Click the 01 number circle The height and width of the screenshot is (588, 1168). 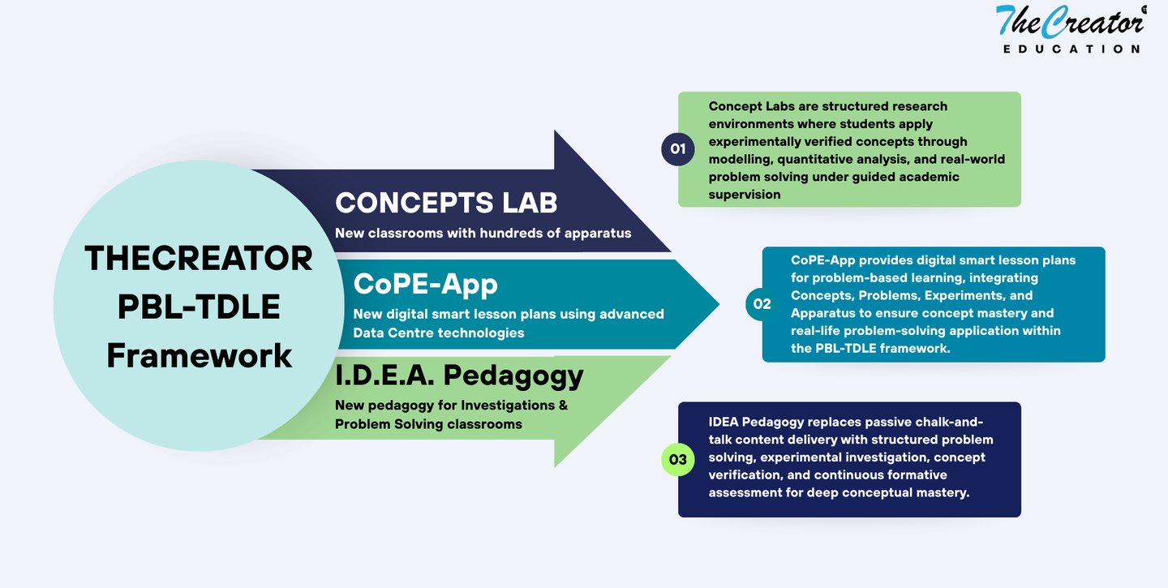(x=678, y=149)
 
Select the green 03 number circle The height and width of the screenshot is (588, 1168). (x=678, y=460)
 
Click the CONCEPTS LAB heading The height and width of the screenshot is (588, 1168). (x=446, y=203)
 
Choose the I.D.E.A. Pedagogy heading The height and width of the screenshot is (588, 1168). (x=459, y=375)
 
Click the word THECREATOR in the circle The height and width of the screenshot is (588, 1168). (x=199, y=259)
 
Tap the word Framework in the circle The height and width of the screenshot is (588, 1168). (x=199, y=355)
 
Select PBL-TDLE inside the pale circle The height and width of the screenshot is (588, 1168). (x=199, y=307)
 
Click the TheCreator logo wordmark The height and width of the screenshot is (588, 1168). (x=1069, y=21)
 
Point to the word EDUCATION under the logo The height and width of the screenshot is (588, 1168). (x=1071, y=49)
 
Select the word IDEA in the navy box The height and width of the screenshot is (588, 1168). (x=725, y=422)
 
